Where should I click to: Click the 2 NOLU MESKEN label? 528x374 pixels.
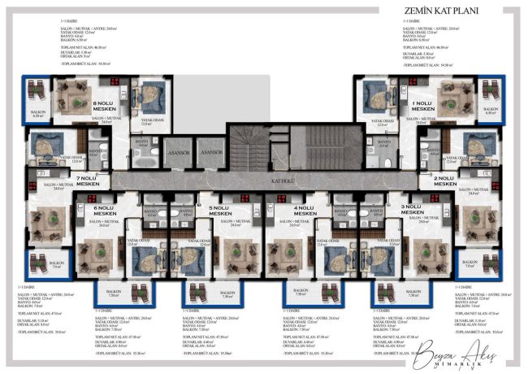click(444, 180)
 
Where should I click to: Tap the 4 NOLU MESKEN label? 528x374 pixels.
click(306, 211)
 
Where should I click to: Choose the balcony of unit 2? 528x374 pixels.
click(491, 265)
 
